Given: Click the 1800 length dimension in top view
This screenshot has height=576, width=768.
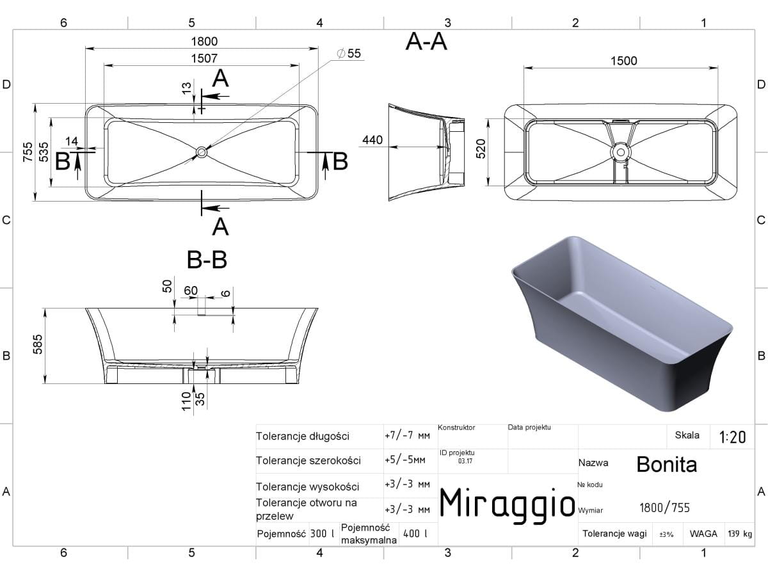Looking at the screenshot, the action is (x=204, y=42).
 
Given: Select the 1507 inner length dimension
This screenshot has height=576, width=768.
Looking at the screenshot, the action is (x=204, y=58).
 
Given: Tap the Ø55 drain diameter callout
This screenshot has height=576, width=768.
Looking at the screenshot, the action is (x=349, y=54).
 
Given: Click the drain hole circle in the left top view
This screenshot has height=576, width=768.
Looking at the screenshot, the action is (x=202, y=152).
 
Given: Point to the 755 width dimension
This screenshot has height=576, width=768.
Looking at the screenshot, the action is (x=28, y=152).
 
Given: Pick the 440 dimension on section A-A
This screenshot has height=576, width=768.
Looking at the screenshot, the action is (x=372, y=140).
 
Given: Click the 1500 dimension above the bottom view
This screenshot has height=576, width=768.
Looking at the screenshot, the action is (x=624, y=61).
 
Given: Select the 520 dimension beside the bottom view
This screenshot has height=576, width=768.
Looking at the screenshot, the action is (x=481, y=148).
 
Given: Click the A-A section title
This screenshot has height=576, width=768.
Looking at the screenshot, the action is (x=426, y=42).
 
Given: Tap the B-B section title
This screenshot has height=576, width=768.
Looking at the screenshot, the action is (x=207, y=260).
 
